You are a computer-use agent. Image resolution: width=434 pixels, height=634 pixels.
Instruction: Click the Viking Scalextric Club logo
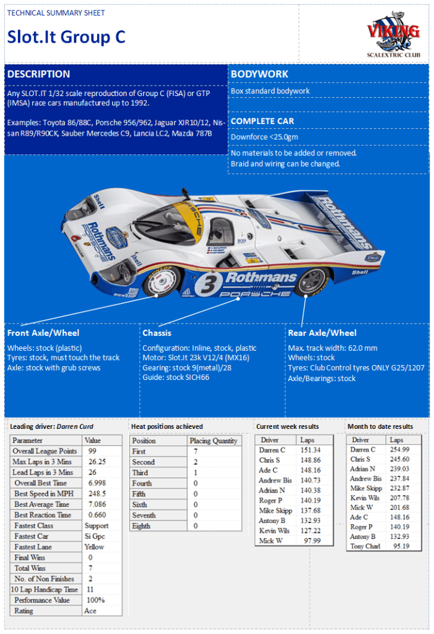[393, 37]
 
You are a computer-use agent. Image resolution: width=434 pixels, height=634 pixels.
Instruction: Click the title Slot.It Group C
[66, 37]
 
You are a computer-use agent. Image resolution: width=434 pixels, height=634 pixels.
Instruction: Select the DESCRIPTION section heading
[38, 74]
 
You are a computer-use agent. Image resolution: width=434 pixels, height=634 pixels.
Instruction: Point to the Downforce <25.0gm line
[264, 136]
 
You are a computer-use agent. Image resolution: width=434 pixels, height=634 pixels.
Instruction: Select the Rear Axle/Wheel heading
[322, 333]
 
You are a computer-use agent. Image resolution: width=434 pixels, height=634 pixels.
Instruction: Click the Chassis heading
[157, 333]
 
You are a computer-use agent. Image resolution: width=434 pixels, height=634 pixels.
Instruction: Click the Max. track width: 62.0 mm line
[332, 348]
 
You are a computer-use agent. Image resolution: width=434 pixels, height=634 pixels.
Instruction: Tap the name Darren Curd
[77, 426]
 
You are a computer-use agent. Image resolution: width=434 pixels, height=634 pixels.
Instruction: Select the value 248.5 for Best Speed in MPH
[97, 493]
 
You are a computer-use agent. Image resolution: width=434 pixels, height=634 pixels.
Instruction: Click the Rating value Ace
[91, 610]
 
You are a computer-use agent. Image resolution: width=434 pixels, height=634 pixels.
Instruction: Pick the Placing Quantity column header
[214, 441]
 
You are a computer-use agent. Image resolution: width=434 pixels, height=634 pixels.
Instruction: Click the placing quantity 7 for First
[196, 451]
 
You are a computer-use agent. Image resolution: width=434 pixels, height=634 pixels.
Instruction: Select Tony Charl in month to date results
[365, 546]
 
